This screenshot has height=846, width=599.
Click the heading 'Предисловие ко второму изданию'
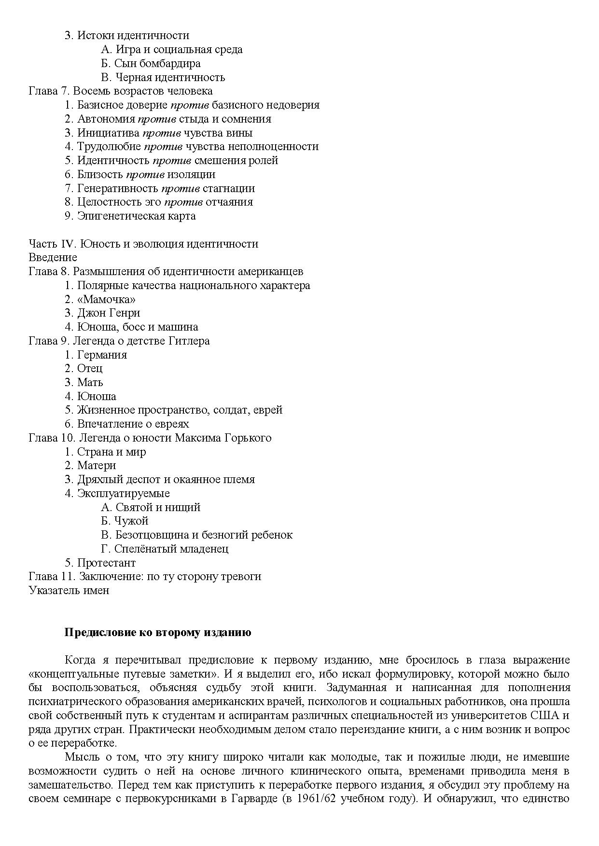click(x=158, y=633)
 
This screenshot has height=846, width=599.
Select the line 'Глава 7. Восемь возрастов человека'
click(x=121, y=91)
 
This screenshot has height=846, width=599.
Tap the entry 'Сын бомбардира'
click(x=151, y=63)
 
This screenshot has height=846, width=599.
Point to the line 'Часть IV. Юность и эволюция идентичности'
click(x=143, y=244)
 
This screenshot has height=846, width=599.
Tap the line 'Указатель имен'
click(x=69, y=591)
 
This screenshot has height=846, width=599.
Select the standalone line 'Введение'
click(x=53, y=258)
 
